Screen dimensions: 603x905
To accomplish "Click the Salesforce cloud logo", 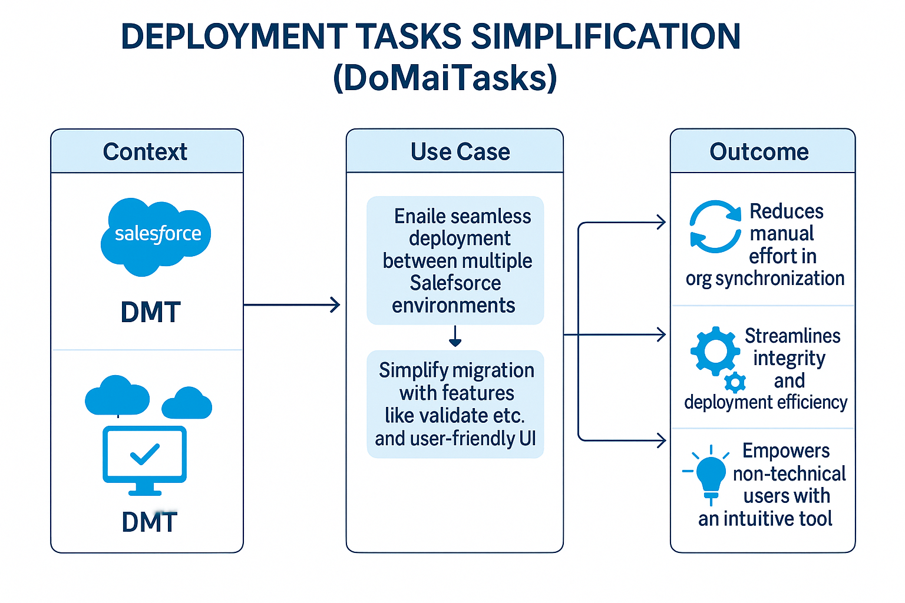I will (x=156, y=236).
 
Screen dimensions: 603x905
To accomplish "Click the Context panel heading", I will (x=145, y=152).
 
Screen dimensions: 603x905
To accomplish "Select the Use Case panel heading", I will (x=460, y=152).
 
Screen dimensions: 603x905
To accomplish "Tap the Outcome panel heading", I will (x=759, y=152).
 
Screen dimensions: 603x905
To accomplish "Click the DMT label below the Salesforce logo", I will (x=150, y=312).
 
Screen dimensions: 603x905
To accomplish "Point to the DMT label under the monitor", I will (x=149, y=522).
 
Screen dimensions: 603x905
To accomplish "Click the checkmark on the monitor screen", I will (x=144, y=454).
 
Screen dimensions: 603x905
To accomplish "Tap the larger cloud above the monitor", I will (x=117, y=396).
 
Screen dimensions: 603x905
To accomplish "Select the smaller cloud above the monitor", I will (x=187, y=404).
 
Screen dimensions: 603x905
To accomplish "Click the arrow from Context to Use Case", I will (x=292, y=305).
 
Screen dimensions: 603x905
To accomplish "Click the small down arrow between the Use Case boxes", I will (x=455, y=336).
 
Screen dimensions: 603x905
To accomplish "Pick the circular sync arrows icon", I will (x=715, y=227).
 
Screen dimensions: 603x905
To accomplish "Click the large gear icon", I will (x=715, y=351).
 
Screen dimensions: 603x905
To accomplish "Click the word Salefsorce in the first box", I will (x=455, y=283).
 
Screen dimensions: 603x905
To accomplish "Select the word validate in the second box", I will (x=454, y=416).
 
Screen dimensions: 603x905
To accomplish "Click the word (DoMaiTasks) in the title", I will (x=445, y=78).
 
